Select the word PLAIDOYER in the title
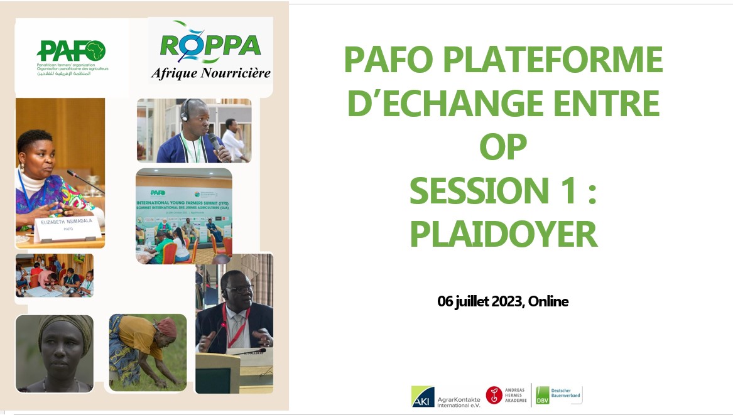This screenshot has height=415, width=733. click(503, 234)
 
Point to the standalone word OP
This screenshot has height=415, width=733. click(503, 148)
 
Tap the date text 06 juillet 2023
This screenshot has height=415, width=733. click(480, 301)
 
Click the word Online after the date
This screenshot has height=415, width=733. click(548, 301)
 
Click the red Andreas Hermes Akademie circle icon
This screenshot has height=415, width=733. click(494, 395)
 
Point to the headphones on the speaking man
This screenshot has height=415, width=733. click(185, 111)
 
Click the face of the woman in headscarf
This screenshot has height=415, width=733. click(61, 348)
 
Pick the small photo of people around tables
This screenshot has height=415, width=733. click(55, 275)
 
